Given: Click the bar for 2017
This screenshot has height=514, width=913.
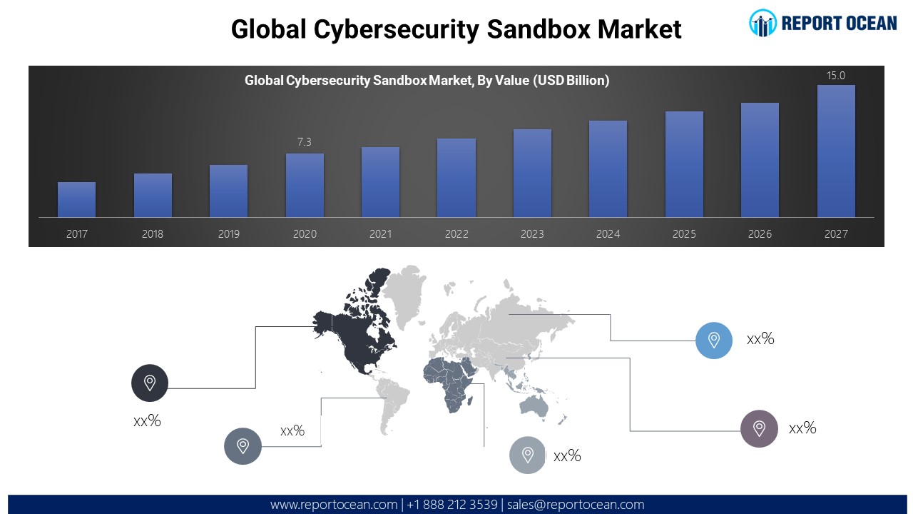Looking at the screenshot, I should (x=76, y=199).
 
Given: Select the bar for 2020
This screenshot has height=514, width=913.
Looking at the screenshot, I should (x=305, y=185).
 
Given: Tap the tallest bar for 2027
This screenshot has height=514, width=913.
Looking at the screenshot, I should (x=836, y=151).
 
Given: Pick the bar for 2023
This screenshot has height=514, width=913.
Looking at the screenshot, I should (x=532, y=173).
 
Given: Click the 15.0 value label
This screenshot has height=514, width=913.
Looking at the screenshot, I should (x=836, y=76).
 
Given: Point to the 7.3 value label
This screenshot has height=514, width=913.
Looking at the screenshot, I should (x=305, y=142).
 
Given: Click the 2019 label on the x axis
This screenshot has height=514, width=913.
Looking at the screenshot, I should (x=228, y=234).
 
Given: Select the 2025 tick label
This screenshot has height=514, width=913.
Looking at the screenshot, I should (x=684, y=234).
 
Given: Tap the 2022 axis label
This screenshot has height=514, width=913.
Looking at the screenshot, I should (x=456, y=234).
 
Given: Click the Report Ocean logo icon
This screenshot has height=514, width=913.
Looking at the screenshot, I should (x=762, y=23).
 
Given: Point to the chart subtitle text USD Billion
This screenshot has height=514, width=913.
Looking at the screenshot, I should (x=571, y=81).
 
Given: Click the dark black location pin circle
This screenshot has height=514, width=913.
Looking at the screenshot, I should (x=150, y=383).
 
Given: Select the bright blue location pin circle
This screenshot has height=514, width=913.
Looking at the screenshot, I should (x=714, y=340).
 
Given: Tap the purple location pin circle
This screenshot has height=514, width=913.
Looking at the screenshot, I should (x=759, y=428).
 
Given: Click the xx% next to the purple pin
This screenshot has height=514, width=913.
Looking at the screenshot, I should (x=802, y=428).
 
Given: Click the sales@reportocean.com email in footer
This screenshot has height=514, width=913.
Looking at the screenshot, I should (x=576, y=505).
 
